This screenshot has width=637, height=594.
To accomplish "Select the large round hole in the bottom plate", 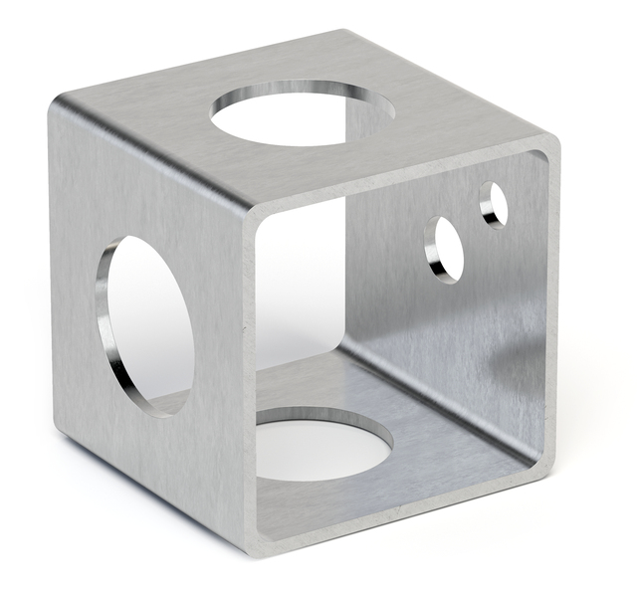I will pos(323,444).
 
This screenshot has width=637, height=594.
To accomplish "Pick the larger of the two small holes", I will pos(445,248).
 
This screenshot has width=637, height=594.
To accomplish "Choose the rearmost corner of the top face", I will pos(343,32).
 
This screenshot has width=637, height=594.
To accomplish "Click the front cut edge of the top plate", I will pos(398,175).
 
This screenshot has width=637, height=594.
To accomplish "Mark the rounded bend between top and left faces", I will pos(149,149).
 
